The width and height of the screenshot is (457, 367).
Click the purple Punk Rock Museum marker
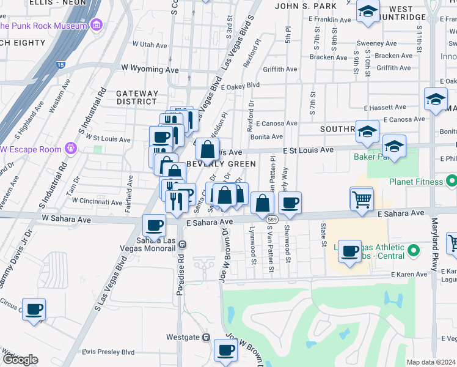(96, 26)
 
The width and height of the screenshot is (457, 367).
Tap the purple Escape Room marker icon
(71, 148)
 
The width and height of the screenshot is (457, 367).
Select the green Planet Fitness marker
(451, 182)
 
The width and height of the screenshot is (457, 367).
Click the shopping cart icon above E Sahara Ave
(361, 199)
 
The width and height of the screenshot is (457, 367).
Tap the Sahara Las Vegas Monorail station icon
(182, 244)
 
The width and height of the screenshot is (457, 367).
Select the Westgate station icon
(207, 337)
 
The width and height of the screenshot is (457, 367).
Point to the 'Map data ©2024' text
(431, 362)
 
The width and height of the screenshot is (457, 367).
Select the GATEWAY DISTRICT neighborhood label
(137, 97)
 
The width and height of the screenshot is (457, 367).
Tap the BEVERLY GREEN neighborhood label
(221, 164)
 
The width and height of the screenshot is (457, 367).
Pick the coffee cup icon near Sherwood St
(290, 203)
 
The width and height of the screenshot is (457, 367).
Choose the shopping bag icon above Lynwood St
(262, 204)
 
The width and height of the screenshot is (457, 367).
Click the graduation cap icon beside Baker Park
(394, 147)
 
